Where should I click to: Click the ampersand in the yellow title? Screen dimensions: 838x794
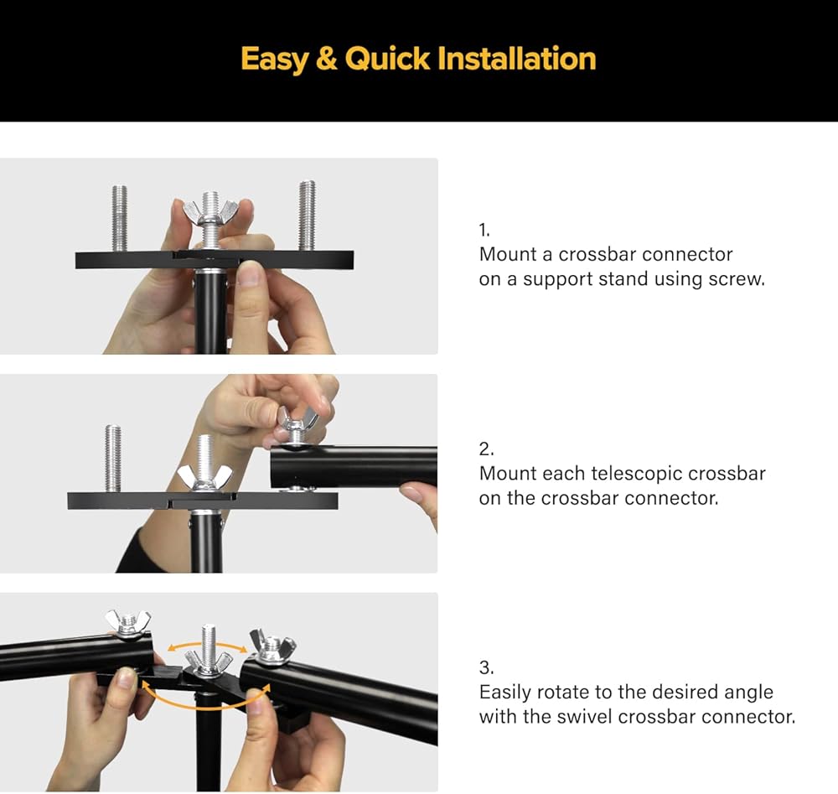326,59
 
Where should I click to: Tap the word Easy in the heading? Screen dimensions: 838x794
274,60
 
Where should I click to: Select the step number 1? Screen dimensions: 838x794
484,230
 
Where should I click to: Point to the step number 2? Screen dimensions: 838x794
486,449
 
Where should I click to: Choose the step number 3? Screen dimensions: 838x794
486,667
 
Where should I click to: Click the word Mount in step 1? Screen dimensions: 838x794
508,255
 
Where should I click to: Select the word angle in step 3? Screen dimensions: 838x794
748,693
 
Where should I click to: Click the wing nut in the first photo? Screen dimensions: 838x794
210,211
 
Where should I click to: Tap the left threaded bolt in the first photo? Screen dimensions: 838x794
120,218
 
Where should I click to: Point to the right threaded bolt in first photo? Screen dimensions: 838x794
307,215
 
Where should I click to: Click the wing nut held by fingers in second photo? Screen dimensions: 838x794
296,422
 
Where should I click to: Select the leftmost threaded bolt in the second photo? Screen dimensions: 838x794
113,459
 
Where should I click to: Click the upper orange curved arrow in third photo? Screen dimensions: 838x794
208,644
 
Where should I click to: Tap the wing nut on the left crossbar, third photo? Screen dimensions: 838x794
127,622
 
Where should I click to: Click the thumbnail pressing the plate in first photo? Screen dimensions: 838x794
249,273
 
